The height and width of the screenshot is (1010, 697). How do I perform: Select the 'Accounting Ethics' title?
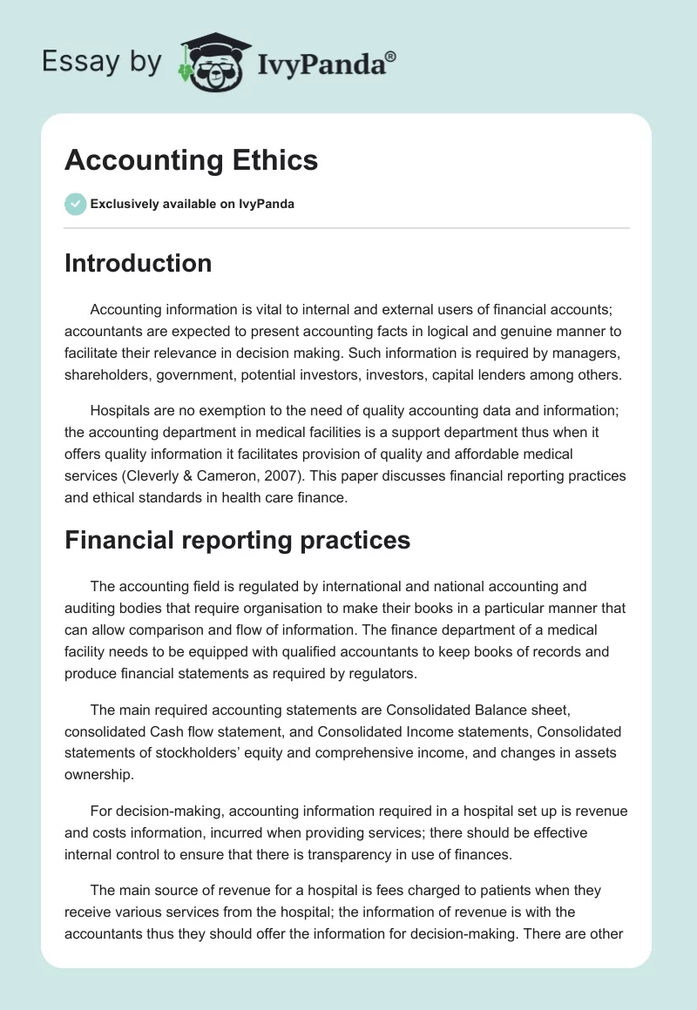tap(191, 160)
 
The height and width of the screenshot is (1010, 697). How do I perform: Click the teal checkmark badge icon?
tap(75, 204)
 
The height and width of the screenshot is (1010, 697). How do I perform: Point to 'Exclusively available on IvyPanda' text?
tap(192, 204)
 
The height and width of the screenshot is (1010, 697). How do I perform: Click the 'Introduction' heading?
tap(138, 263)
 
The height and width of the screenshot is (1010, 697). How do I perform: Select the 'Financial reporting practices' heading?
tap(237, 540)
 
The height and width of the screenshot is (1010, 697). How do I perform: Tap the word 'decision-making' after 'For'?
tap(163, 811)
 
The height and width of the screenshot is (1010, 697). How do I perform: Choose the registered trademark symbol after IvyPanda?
tap(391, 56)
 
